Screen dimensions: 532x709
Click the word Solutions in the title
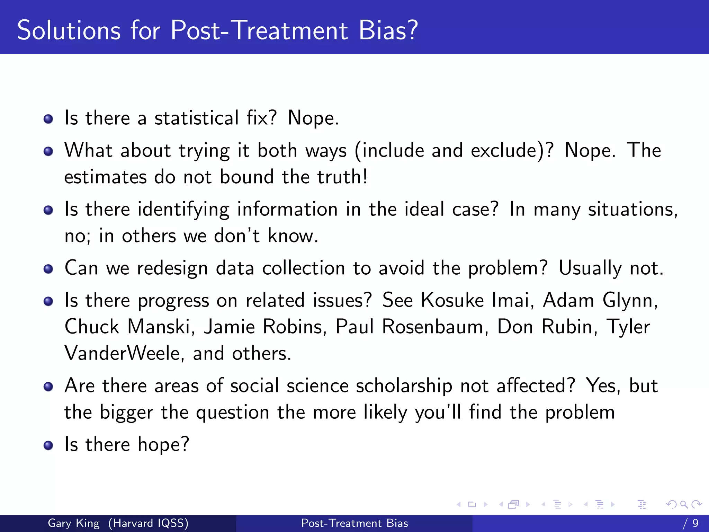69,30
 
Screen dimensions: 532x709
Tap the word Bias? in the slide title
388,30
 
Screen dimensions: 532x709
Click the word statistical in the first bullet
196,118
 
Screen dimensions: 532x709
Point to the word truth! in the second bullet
342,177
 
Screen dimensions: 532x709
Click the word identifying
183,210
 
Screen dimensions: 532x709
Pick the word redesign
172,268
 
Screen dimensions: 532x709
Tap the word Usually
590,268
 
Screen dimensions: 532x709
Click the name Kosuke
452,300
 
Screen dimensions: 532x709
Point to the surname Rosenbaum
435,327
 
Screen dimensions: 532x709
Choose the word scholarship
404,386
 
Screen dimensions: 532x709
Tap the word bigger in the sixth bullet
126,413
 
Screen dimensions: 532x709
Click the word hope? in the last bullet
163,444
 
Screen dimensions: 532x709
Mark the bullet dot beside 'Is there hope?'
48,445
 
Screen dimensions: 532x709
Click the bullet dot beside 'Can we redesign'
48,269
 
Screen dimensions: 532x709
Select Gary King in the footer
73,523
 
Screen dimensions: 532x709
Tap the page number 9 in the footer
695,523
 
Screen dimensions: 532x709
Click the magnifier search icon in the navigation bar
684,504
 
